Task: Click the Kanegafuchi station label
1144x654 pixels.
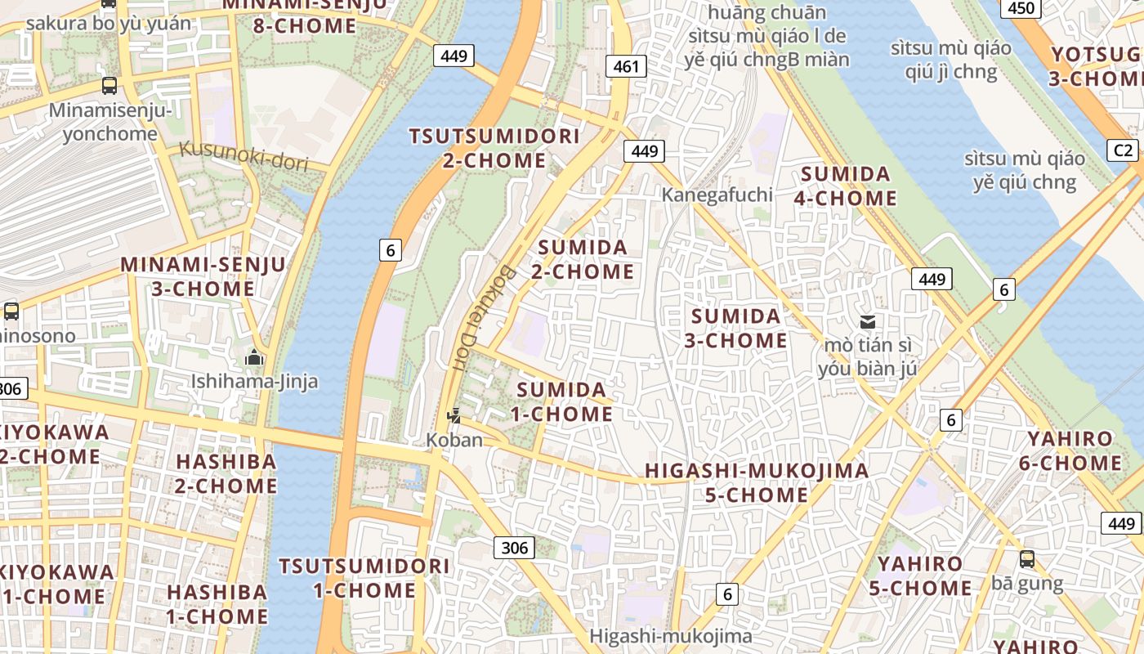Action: pyautogui.click(x=717, y=195)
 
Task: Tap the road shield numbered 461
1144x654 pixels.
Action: pyautogui.click(x=626, y=66)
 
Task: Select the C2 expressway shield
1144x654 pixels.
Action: pyautogui.click(x=1124, y=150)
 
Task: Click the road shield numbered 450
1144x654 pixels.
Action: pyautogui.click(x=1021, y=8)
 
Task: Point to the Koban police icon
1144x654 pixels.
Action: pyautogui.click(x=454, y=416)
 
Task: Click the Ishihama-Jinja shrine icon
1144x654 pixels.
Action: pyautogui.click(x=254, y=358)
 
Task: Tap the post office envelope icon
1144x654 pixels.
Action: pyautogui.click(x=867, y=321)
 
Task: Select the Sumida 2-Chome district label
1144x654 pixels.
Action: pyautogui.click(x=583, y=259)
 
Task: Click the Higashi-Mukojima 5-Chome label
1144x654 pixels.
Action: pyautogui.click(x=756, y=482)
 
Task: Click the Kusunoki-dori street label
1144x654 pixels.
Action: pyautogui.click(x=244, y=155)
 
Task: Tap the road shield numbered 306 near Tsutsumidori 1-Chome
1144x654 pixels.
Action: pyautogui.click(x=514, y=547)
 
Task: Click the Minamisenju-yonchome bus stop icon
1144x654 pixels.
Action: pyautogui.click(x=109, y=86)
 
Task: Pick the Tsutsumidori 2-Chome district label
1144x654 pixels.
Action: pyautogui.click(x=494, y=148)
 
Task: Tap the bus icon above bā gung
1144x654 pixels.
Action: pyautogui.click(x=1026, y=559)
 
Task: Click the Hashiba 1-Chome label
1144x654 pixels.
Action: pyautogui.click(x=217, y=603)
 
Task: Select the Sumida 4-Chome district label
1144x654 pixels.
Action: pyautogui.click(x=846, y=186)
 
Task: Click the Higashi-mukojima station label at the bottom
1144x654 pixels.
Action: pyautogui.click(x=670, y=636)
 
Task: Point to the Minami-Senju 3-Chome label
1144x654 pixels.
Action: pyautogui.click(x=203, y=276)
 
